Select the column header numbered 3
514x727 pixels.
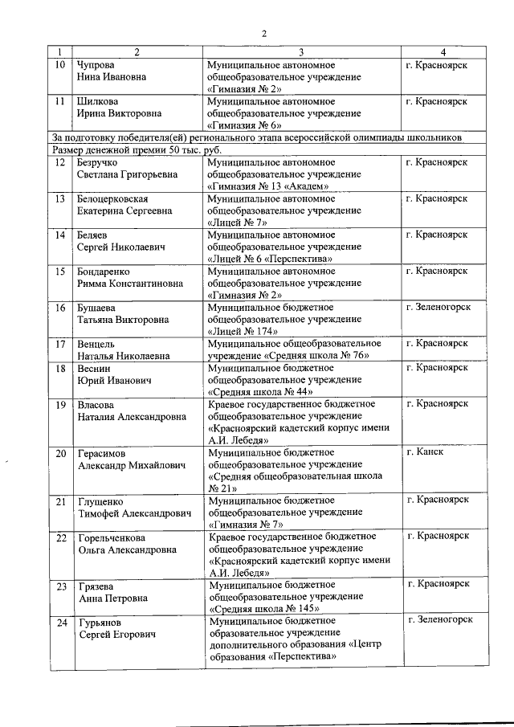301,52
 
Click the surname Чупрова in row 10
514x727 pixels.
96,63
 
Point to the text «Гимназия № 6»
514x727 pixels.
245,126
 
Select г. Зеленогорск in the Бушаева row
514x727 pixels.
438,307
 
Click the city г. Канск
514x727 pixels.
425,451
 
